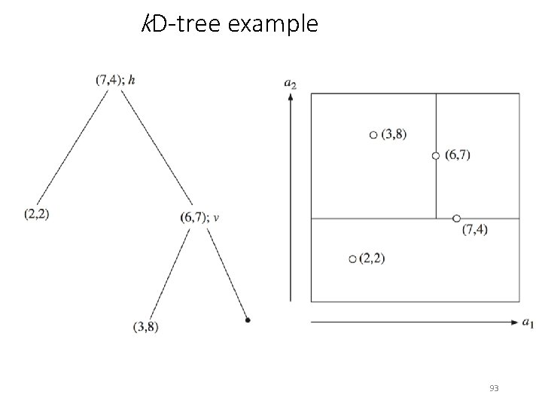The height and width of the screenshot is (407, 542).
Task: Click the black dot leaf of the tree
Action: click(x=248, y=320)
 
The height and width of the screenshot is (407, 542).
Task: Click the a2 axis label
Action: click(x=290, y=83)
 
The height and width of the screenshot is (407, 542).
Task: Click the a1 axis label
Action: click(x=528, y=323)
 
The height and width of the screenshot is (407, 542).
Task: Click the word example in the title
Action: click(x=272, y=25)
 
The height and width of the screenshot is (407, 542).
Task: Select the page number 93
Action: click(x=494, y=388)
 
